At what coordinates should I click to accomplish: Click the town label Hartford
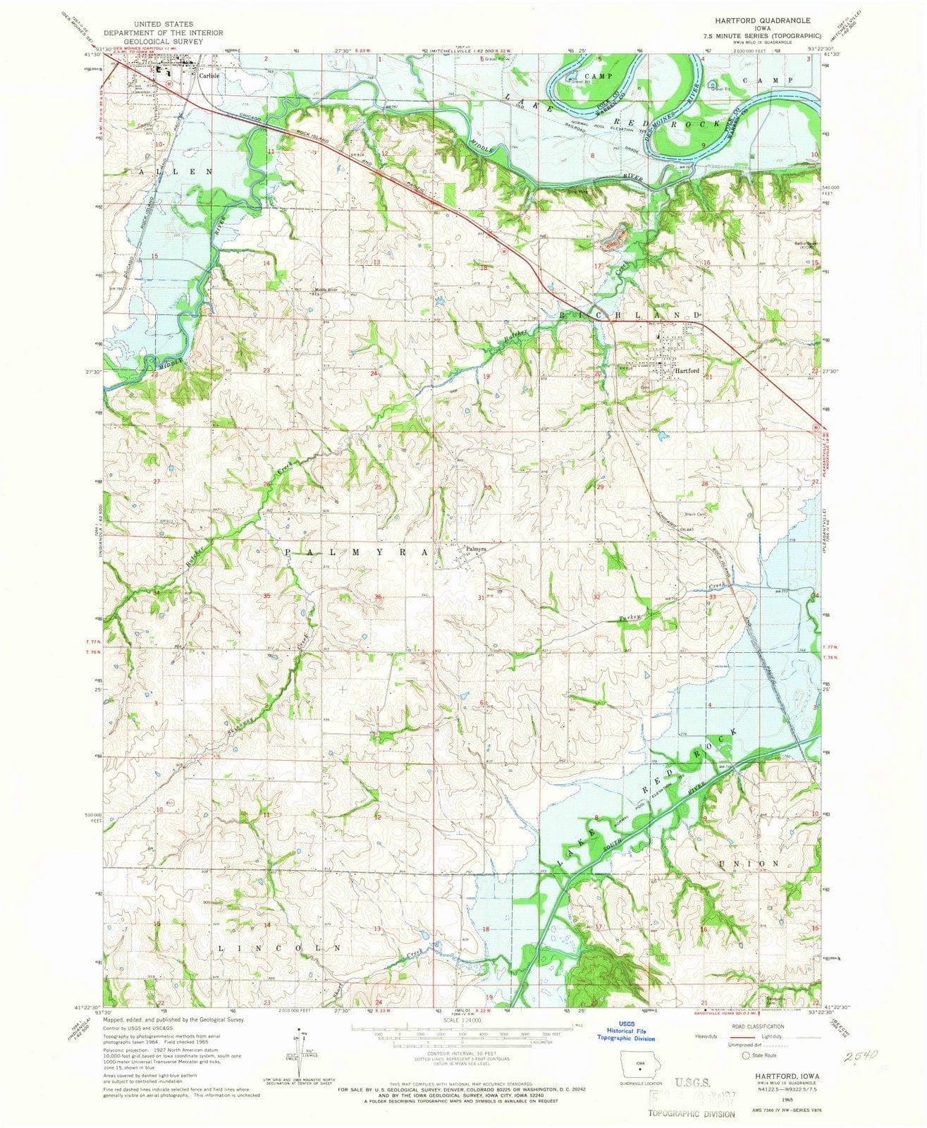[x=687, y=371]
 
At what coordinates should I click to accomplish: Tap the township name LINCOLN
[x=281, y=948]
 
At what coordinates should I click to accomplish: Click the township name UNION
[x=749, y=863]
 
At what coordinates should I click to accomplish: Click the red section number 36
[x=379, y=598]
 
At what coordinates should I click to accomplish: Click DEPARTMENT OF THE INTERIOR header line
[x=164, y=32]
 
